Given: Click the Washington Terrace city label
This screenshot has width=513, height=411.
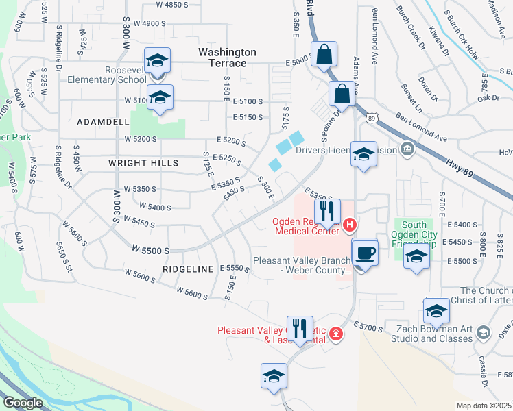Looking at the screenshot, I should pos(227,58).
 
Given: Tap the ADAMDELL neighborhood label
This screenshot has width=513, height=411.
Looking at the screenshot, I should pos(103,121).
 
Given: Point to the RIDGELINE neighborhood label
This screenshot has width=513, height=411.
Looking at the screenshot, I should pos(189,269).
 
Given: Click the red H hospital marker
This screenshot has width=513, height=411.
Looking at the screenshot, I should pos(350,225).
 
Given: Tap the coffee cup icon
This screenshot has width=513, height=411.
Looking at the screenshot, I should pos(365,253).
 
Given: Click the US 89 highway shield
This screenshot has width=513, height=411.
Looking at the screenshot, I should pos(371,118).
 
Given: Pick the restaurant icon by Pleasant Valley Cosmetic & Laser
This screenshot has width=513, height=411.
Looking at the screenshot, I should pos(300,329).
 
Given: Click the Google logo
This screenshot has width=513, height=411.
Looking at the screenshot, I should pos(23,403).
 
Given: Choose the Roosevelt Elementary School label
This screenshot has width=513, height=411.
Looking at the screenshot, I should pos(107,75).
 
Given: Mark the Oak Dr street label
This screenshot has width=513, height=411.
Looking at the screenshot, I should pos(489,98).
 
